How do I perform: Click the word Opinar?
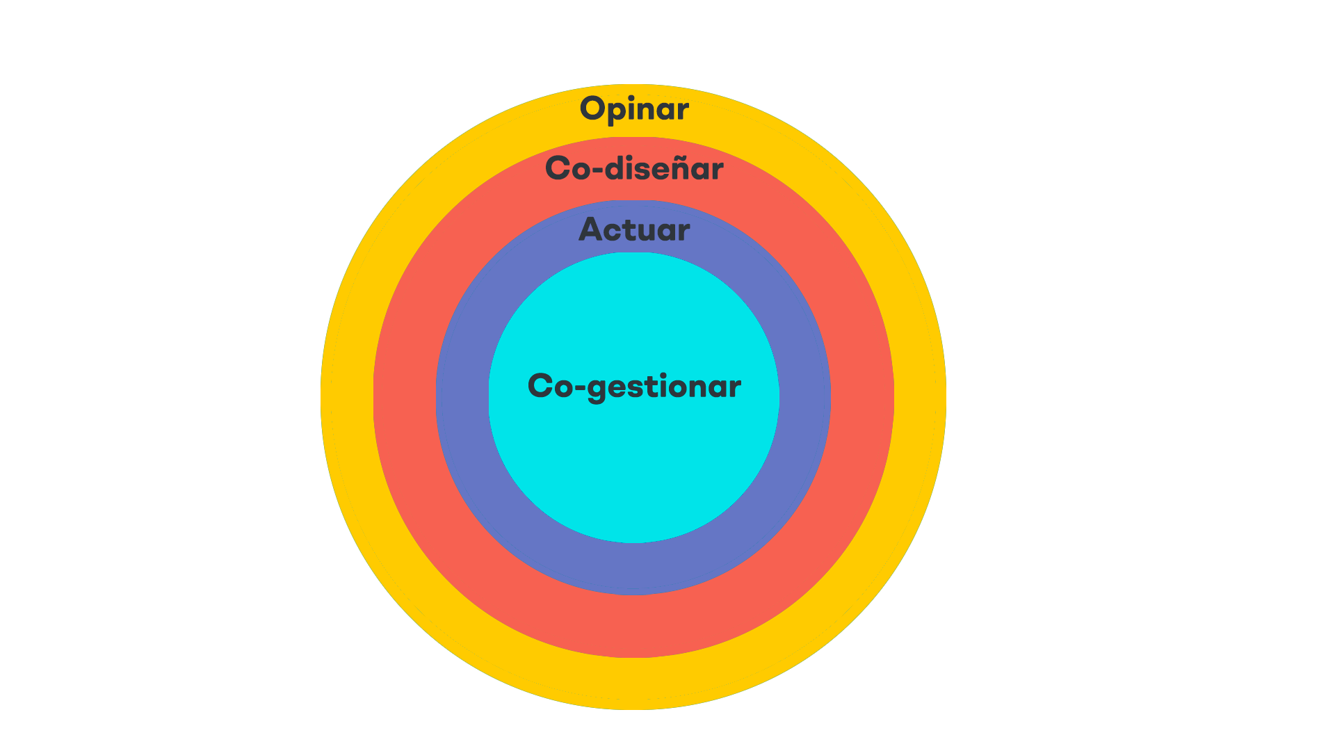pyautogui.click(x=634, y=109)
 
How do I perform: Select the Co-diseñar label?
pyautogui.click(x=634, y=168)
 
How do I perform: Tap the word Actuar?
pyautogui.click(x=634, y=229)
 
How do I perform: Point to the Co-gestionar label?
pyautogui.click(x=634, y=387)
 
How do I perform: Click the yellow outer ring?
pyautogui.click(x=347, y=397)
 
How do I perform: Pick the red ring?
pyautogui.click(x=405, y=397)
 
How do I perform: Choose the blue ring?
pyautogui.click(x=462, y=397)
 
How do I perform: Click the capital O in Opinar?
pyautogui.click(x=593, y=108)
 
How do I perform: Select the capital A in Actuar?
pyautogui.click(x=592, y=229)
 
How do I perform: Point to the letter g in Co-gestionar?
pyautogui.click(x=597, y=391)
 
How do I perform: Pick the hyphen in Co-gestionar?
pyautogui.click(x=579, y=388)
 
